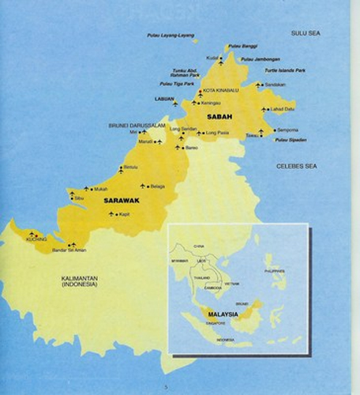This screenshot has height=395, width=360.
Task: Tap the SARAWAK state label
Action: point(122,201)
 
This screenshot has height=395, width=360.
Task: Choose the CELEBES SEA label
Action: point(297,166)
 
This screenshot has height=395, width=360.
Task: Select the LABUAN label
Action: point(164,99)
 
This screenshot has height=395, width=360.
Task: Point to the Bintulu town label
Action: point(131,167)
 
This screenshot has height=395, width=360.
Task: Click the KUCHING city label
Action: point(36,239)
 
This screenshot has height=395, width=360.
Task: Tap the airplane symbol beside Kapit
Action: point(111,213)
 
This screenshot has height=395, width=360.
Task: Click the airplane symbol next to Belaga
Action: point(143,186)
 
